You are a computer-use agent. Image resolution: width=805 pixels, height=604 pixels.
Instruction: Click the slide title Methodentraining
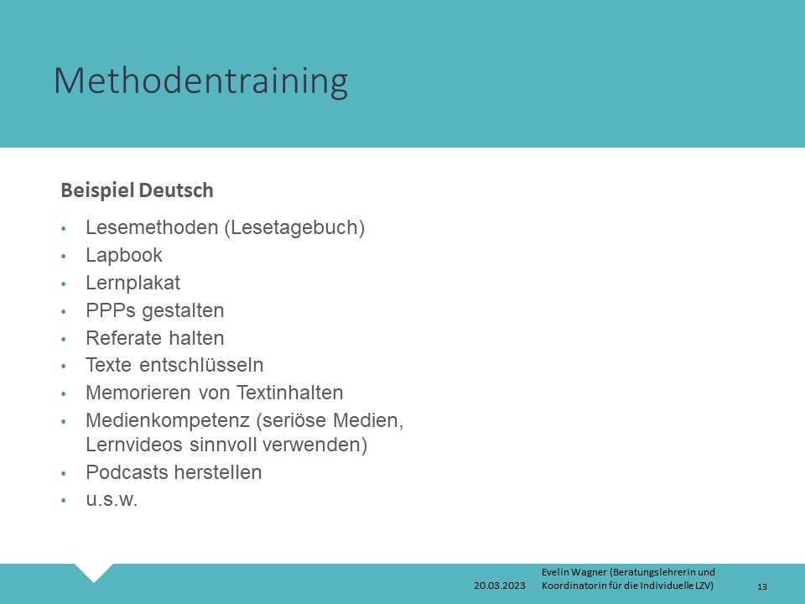pyautogui.click(x=200, y=81)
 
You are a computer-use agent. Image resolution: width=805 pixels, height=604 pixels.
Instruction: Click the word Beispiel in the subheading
pyautogui.click(x=97, y=190)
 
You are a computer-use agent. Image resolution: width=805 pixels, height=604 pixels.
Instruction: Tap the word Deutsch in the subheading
pyautogui.click(x=176, y=190)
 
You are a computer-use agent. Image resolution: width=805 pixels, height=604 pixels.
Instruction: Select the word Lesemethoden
pyautogui.click(x=152, y=227)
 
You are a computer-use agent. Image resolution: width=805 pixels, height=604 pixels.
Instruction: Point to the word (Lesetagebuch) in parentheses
pyautogui.click(x=294, y=228)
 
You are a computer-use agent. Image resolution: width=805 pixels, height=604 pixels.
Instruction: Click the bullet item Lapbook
pyautogui.click(x=124, y=255)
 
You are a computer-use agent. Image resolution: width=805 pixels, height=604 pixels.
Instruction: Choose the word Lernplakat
pyautogui.click(x=133, y=283)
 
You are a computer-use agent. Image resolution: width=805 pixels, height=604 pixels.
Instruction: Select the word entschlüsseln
pyautogui.click(x=201, y=365)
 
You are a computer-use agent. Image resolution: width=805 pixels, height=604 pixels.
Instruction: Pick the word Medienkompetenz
pyautogui.click(x=168, y=420)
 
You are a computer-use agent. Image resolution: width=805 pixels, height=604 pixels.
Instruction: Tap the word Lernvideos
pyautogui.click(x=134, y=445)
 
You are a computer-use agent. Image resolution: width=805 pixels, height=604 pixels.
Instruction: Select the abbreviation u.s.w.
pyautogui.click(x=112, y=500)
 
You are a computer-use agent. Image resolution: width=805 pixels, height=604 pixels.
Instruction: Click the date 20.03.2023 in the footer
pyautogui.click(x=500, y=586)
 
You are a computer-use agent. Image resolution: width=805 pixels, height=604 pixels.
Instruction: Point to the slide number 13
pyautogui.click(x=762, y=586)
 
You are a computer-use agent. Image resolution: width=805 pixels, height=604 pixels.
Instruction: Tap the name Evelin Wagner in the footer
pyautogui.click(x=574, y=572)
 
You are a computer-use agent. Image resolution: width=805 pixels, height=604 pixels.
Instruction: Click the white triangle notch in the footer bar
pyautogui.click(x=94, y=570)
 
